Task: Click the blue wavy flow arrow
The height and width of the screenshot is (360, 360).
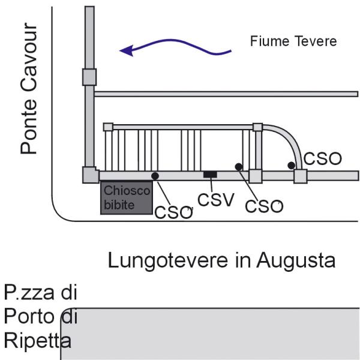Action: (174, 48)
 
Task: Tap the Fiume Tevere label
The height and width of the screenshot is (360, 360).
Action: (293, 41)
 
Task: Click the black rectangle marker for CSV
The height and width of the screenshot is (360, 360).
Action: (209, 175)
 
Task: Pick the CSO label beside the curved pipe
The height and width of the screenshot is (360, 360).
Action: (322, 159)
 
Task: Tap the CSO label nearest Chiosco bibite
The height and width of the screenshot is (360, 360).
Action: (173, 212)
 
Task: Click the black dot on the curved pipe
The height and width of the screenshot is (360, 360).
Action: (291, 165)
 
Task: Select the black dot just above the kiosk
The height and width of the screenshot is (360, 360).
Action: (155, 176)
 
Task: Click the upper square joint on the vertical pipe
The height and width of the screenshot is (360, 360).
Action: (89, 77)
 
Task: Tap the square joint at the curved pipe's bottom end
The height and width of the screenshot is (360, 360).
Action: (300, 176)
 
